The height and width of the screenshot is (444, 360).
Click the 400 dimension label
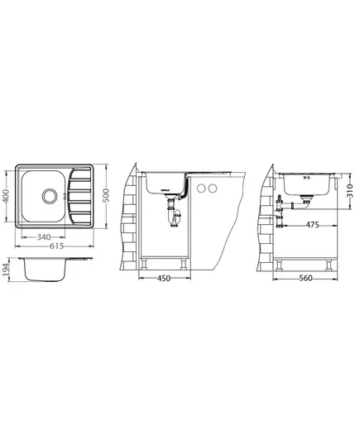[6, 196]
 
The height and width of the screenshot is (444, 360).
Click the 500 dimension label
[106, 195]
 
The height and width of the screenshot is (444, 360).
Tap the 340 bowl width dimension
[44, 237]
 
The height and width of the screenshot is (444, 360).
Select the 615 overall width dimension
[57, 246]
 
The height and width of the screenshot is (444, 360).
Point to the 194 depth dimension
[6, 269]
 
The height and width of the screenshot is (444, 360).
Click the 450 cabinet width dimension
[164, 279]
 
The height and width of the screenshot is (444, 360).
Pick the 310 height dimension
[349, 190]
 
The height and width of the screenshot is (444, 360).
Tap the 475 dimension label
[312, 225]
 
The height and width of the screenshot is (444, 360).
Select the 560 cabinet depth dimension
[305, 279]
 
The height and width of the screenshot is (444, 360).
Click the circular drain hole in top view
[50, 196]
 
